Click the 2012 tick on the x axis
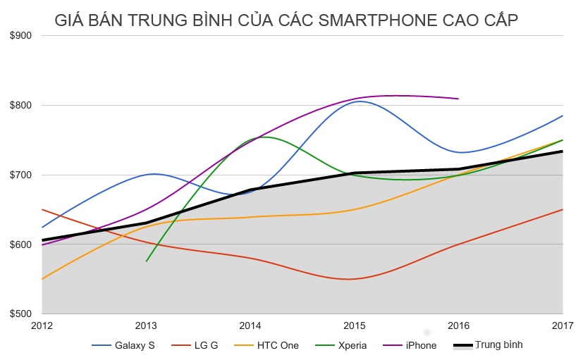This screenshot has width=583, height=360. click(42, 325)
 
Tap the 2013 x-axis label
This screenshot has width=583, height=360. click(146, 325)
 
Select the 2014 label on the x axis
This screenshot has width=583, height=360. click(250, 325)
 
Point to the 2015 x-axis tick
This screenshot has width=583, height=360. click(355, 325)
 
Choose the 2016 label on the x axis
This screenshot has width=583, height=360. click(458, 325)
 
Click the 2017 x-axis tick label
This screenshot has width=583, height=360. click(563, 325)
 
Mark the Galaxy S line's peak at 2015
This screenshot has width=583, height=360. click(360, 101)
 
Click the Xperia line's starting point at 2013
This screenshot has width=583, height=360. click(147, 261)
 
